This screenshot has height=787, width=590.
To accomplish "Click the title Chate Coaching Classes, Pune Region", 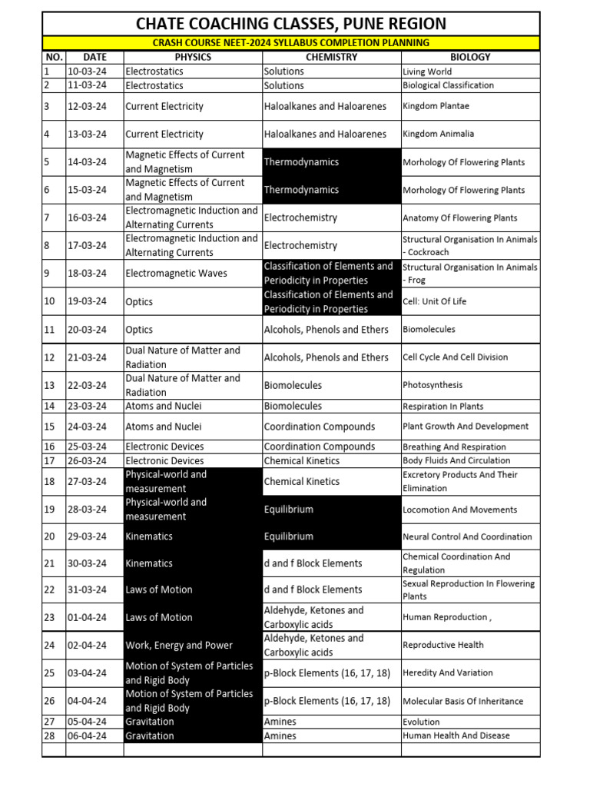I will (290, 24).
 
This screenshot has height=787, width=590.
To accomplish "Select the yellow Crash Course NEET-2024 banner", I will (290, 43).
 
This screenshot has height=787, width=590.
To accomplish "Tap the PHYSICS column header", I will (192, 57).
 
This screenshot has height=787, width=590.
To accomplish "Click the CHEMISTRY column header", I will (331, 57).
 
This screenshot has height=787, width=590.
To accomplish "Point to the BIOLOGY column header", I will (469, 57).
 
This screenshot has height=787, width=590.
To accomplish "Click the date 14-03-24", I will (88, 162).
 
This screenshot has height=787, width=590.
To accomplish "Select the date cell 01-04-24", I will (88, 617).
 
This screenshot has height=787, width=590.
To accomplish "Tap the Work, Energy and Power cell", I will (179, 646).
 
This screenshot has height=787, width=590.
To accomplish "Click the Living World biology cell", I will (427, 71).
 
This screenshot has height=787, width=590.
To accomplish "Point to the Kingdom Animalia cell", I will (438, 134).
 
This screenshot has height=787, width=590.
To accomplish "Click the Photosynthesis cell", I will (429, 385).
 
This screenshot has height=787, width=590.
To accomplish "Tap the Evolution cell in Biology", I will (421, 722).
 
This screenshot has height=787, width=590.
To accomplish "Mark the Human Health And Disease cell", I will (456, 736).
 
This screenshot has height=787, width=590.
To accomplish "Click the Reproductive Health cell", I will (443, 645).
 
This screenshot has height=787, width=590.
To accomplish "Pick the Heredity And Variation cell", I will (448, 672).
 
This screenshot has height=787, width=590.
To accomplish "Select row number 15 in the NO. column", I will (50, 427).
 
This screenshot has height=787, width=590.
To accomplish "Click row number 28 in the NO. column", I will (50, 736).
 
